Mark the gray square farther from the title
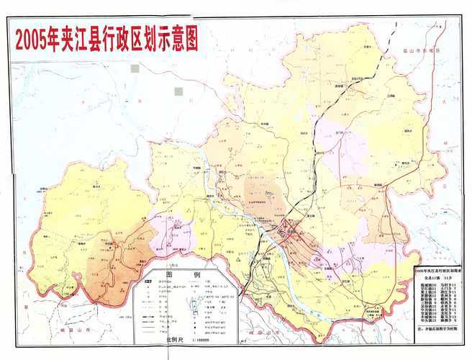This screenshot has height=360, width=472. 187,91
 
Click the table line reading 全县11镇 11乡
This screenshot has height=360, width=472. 435,276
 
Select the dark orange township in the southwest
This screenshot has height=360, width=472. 115,266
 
